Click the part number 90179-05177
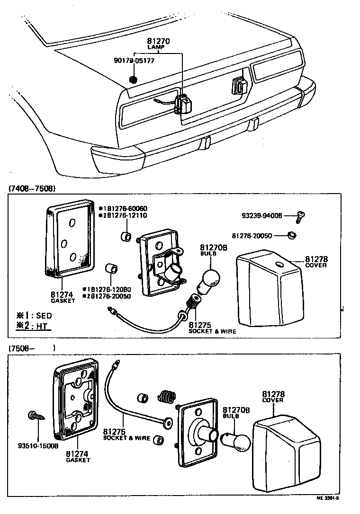[x=134, y=61]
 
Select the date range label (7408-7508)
[x=32, y=188]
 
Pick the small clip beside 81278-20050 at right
[x=293, y=235]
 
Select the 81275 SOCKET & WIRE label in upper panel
[x=212, y=328]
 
